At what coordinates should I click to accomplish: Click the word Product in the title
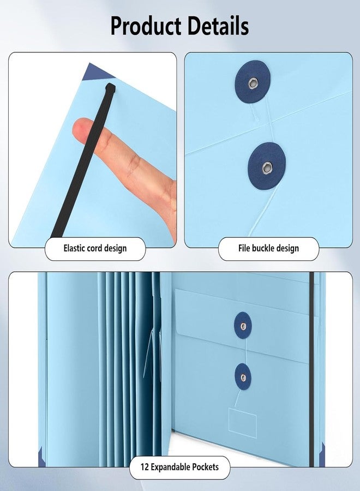146,26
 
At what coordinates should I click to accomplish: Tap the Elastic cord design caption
95,249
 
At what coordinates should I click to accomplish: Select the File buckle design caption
268,249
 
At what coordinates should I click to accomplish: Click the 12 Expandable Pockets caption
179,468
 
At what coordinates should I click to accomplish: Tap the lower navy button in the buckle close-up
267,166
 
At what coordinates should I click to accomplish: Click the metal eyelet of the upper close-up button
253,83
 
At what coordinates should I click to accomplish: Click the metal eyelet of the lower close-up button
267,168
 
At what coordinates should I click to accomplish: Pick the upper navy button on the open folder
243,326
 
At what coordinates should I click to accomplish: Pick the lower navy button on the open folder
243,377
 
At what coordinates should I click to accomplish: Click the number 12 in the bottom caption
145,468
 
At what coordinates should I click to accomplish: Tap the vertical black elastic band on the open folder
311,369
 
